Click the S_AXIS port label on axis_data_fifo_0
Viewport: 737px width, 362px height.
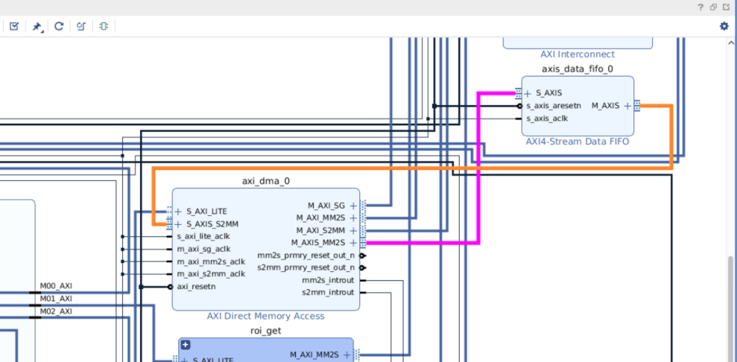548,94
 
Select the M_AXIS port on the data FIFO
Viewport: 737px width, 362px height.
605,106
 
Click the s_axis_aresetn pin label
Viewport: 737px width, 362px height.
553,106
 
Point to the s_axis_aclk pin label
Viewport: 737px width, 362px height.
547,118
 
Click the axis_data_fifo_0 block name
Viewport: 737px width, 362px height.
578,69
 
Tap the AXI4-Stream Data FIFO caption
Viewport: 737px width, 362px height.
578,140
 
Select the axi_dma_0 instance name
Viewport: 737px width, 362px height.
266,181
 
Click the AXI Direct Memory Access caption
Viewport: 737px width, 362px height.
266,316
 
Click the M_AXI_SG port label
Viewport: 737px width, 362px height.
327,206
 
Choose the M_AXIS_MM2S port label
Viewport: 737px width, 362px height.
318,243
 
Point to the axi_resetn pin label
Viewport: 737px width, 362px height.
196,286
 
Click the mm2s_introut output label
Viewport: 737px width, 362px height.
328,280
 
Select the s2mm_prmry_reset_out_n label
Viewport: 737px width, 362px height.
306,267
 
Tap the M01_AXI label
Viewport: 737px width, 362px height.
56,299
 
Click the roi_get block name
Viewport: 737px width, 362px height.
266,331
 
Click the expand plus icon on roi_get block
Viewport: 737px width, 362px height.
186,346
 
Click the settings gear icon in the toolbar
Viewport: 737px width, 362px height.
724,26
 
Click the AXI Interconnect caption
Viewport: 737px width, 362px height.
578,54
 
